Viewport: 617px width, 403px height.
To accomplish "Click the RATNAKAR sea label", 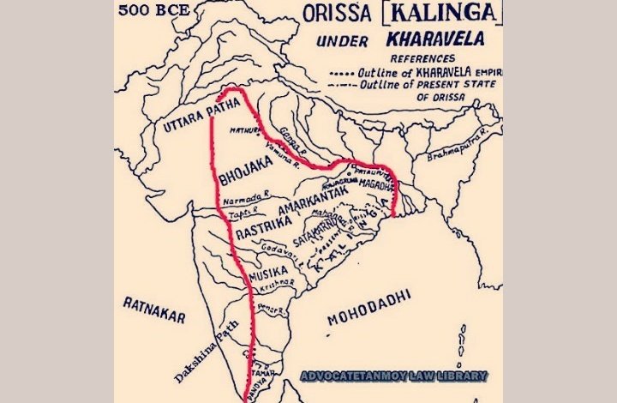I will pyautogui.click(x=153, y=309).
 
